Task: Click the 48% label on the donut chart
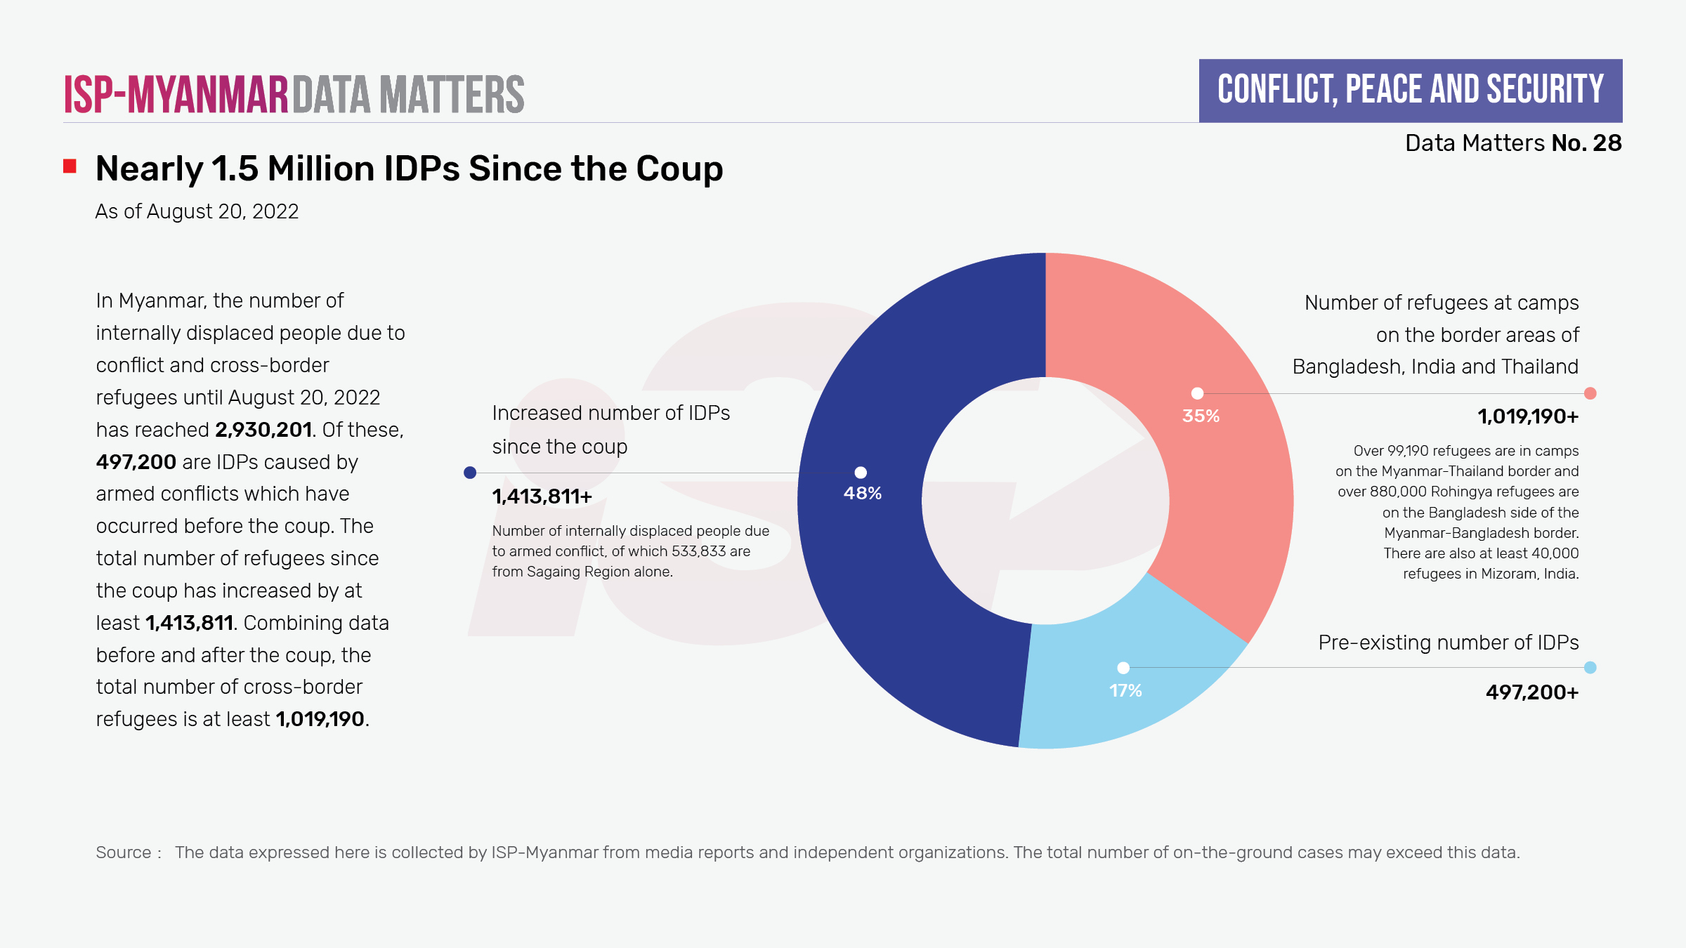pos(862,493)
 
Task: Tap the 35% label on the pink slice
pos(1201,416)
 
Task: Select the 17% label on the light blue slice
pos(1125,690)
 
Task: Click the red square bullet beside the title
pos(70,166)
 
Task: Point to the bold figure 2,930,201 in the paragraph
pos(263,430)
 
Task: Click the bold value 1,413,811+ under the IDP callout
pos(542,496)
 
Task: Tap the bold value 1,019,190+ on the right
pos(1528,416)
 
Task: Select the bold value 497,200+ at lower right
pos(1531,692)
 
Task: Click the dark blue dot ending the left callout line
pos(470,473)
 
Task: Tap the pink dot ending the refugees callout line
pos(1590,393)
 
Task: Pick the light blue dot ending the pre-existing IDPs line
pos(1590,668)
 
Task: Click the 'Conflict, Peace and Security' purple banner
pos(1410,91)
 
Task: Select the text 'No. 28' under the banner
pos(1586,143)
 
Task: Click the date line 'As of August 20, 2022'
pos(197,211)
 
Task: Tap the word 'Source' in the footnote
pos(124,852)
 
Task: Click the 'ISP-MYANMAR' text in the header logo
pos(176,94)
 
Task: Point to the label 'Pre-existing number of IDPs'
pos(1448,643)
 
